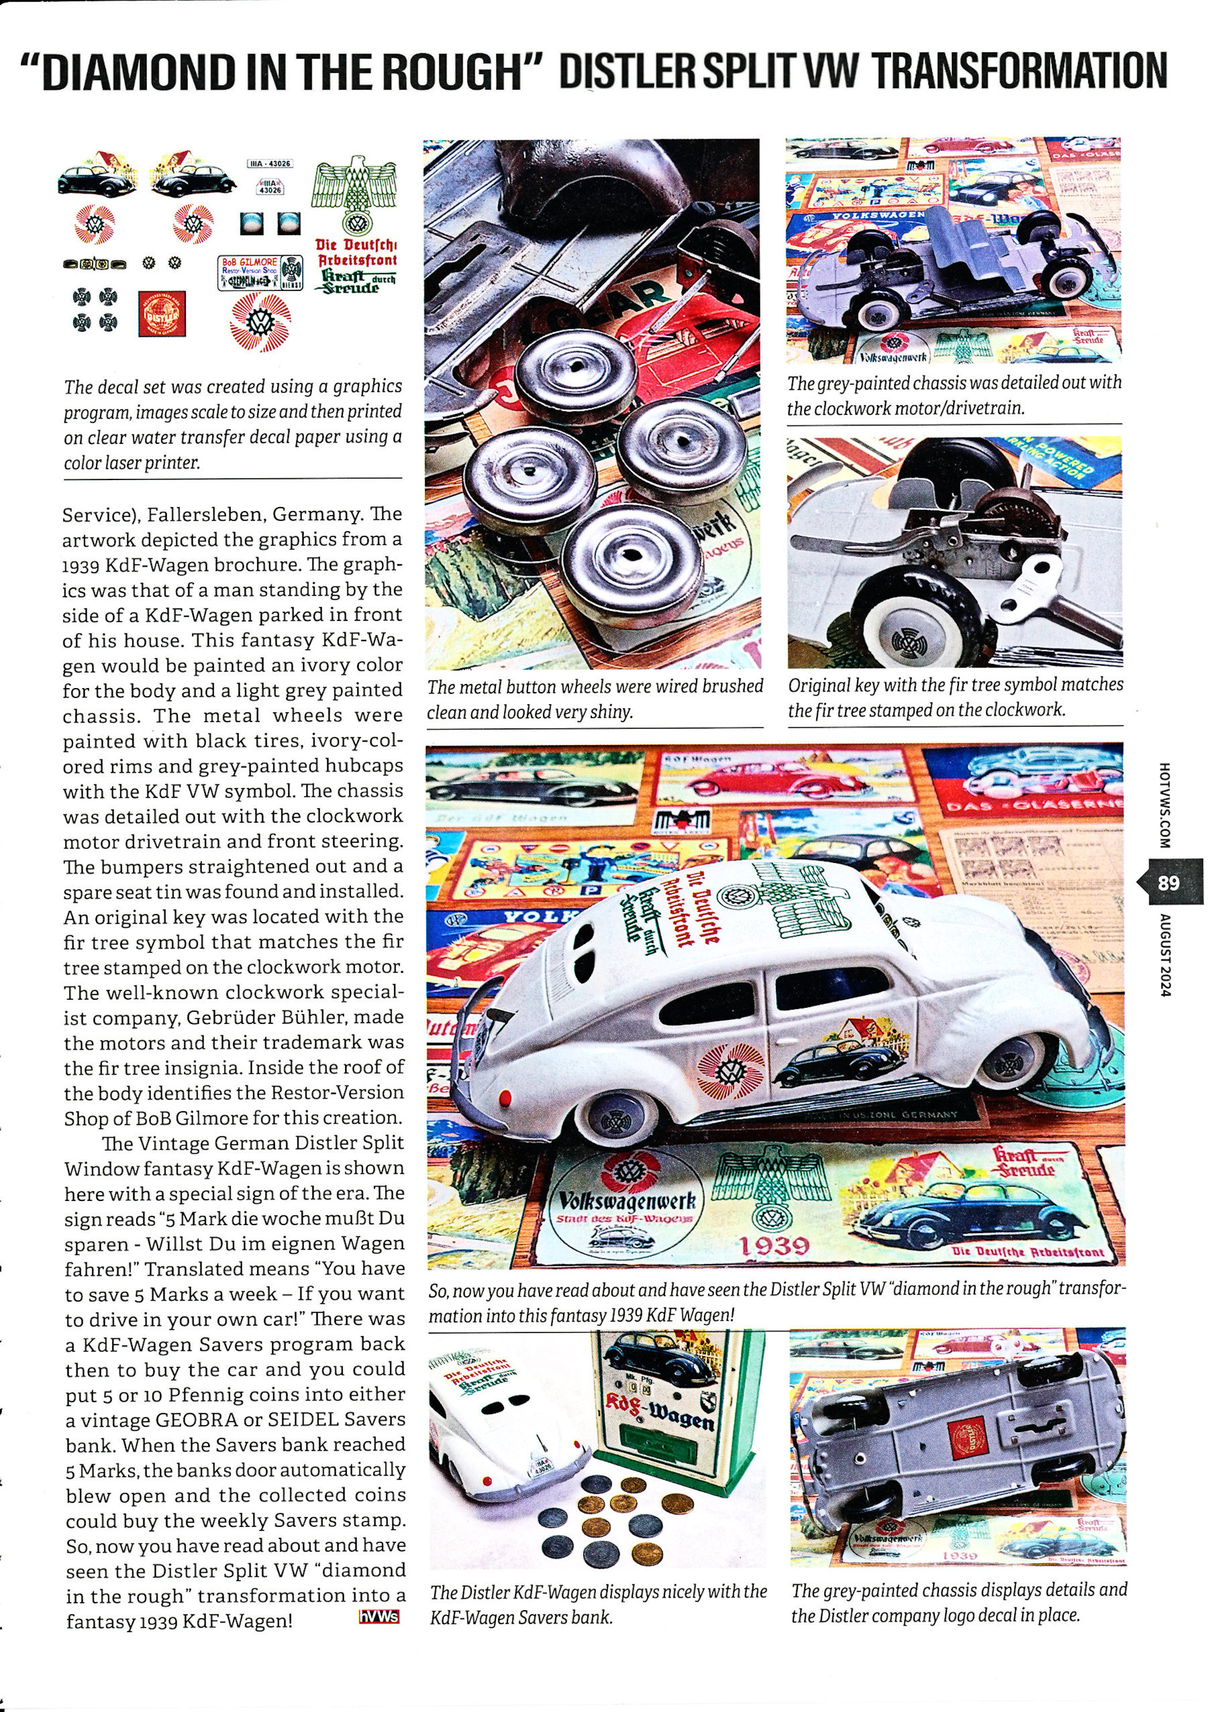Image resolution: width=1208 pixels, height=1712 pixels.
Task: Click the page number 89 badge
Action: (1168, 884)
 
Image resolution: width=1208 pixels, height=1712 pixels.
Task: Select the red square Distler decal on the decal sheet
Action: (163, 314)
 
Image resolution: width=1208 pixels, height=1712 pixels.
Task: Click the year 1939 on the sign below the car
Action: (773, 1245)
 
